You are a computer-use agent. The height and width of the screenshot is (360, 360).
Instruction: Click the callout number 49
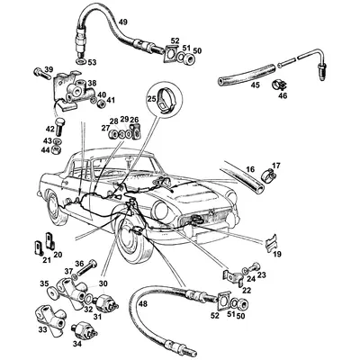click(x=123, y=21)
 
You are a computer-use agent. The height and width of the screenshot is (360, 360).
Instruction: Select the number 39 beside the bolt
click(x=48, y=70)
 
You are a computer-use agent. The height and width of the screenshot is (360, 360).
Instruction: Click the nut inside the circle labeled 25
click(x=165, y=103)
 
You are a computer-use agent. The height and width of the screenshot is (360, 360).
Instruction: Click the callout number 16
click(x=249, y=168)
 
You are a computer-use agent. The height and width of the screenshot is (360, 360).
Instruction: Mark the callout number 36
click(x=78, y=264)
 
